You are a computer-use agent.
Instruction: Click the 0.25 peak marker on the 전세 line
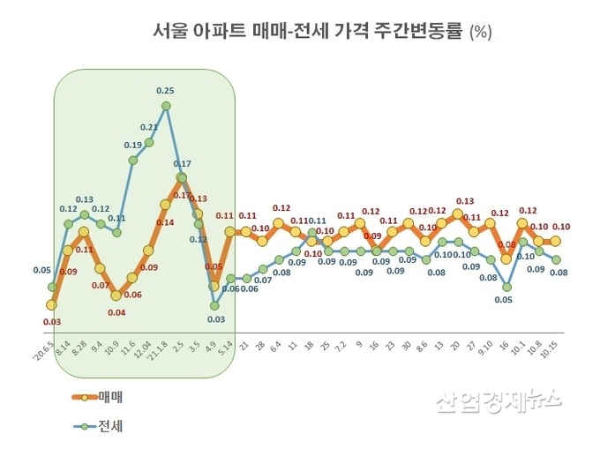pos(165,107)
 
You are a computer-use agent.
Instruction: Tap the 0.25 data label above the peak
pos(165,90)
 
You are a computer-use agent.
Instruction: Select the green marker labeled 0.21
pos(149,142)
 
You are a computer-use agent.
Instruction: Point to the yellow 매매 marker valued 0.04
pos(116,296)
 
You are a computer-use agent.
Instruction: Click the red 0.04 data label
pos(116,312)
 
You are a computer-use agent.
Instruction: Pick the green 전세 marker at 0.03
pos(214,305)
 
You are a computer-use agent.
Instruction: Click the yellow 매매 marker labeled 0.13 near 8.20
pos(457,214)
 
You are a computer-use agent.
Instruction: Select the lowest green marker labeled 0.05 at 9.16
pos(505,287)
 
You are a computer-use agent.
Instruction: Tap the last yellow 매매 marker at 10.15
pos(555,241)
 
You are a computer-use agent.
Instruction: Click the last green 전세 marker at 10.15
pos(555,259)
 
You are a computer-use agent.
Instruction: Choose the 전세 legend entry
pos(97,426)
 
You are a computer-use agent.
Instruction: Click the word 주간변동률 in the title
pos(418,32)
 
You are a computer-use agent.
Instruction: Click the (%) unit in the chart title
pos(481,33)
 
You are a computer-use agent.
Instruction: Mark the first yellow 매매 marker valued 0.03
pos(51,304)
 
